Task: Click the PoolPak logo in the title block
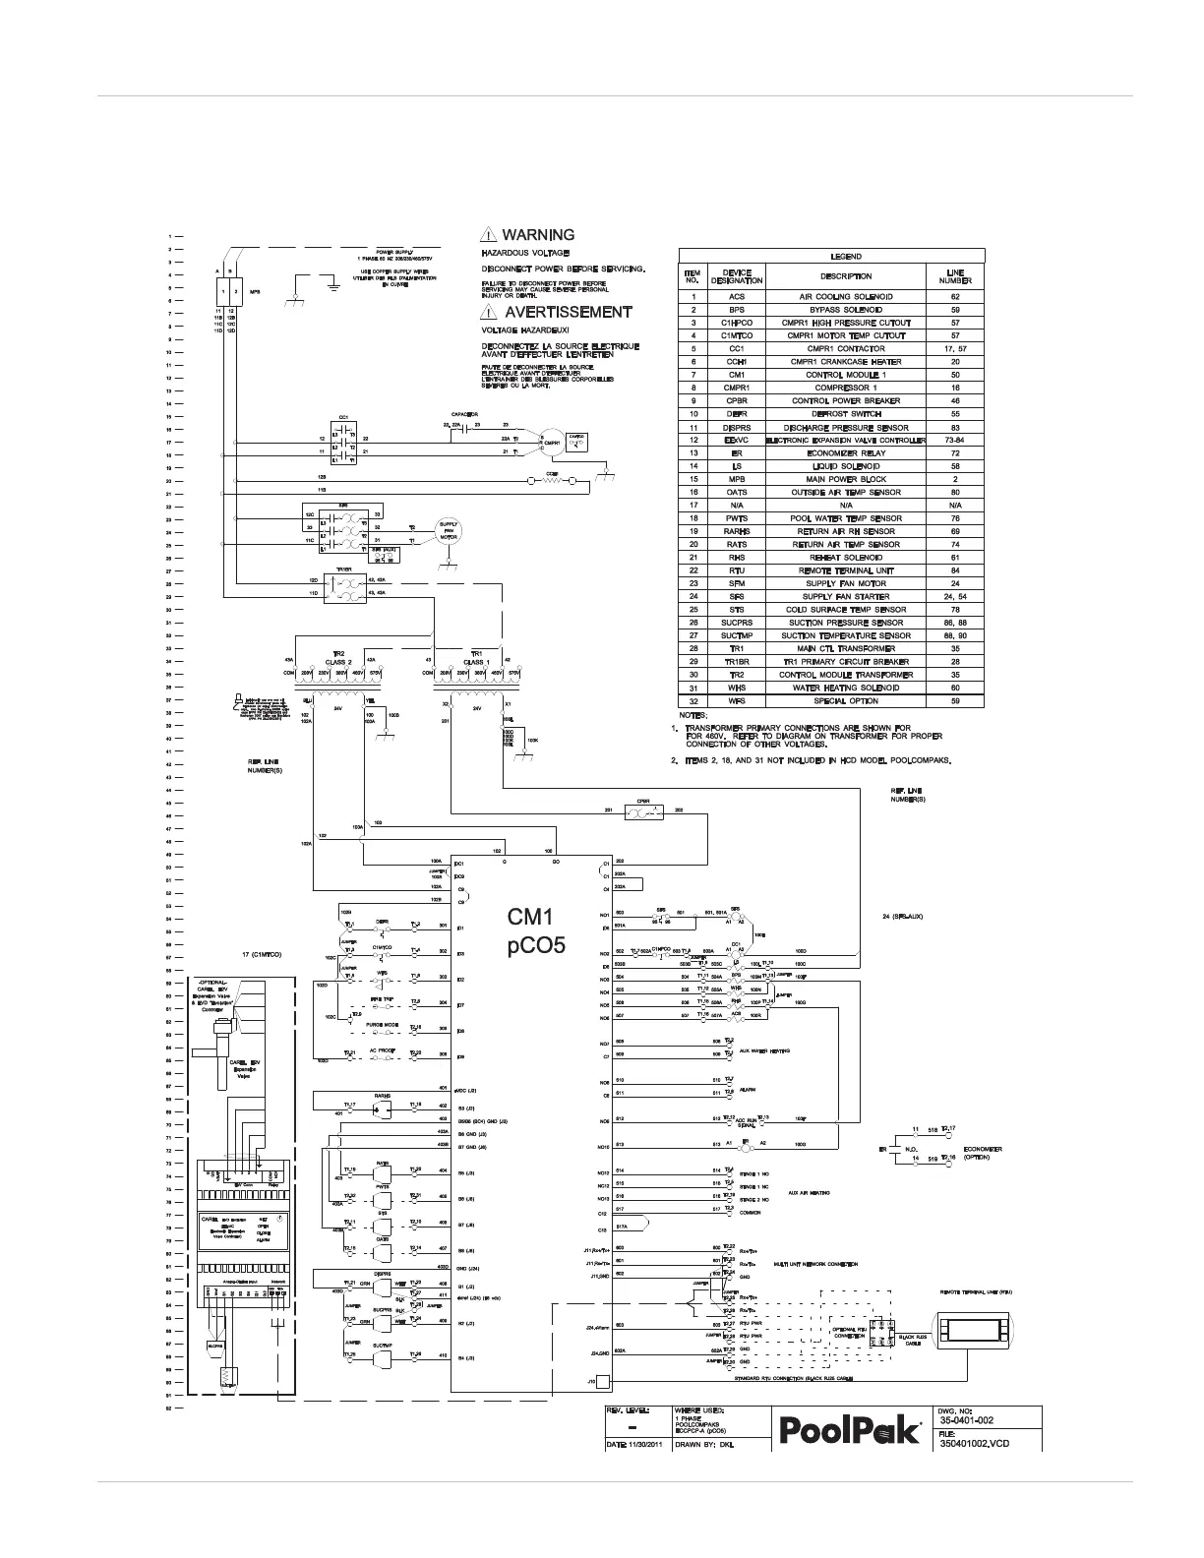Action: (851, 1430)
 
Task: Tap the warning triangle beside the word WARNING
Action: (489, 235)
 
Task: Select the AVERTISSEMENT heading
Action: (568, 312)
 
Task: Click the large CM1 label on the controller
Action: (532, 918)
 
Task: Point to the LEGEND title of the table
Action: (846, 256)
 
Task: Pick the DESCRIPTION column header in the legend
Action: (846, 276)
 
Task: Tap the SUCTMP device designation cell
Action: (737, 635)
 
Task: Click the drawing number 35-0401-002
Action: (966, 1420)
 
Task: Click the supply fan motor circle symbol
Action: (449, 531)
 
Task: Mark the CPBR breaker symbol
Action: (643, 811)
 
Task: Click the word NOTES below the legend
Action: (693, 715)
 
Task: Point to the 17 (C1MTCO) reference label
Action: (262, 954)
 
